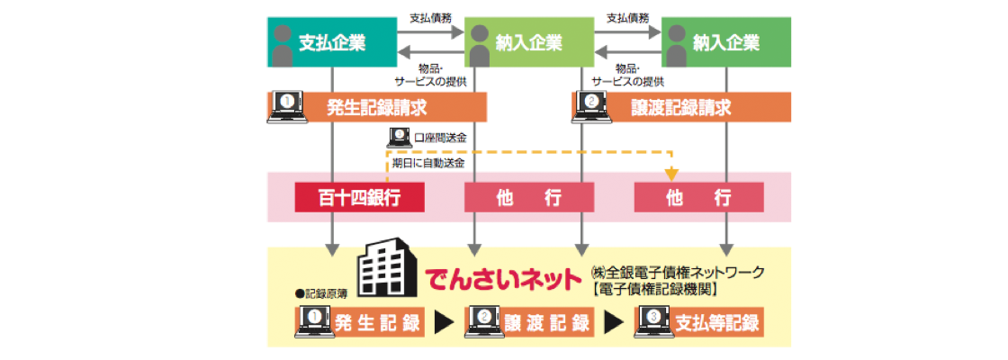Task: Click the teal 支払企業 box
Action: [332, 42]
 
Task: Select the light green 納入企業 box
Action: [529, 42]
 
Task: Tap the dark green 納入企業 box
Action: [726, 42]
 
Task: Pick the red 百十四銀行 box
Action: [359, 198]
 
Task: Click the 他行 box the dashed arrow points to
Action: [698, 198]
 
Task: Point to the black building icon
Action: [385, 268]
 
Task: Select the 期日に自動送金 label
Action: [428, 163]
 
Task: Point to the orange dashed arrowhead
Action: [670, 175]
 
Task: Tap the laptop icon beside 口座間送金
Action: [398, 137]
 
